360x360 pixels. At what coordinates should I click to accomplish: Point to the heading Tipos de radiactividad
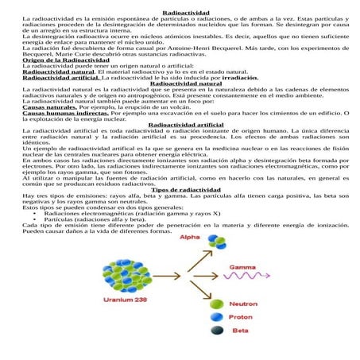pos(180,191)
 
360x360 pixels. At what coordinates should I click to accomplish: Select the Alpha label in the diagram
pos(192,238)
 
